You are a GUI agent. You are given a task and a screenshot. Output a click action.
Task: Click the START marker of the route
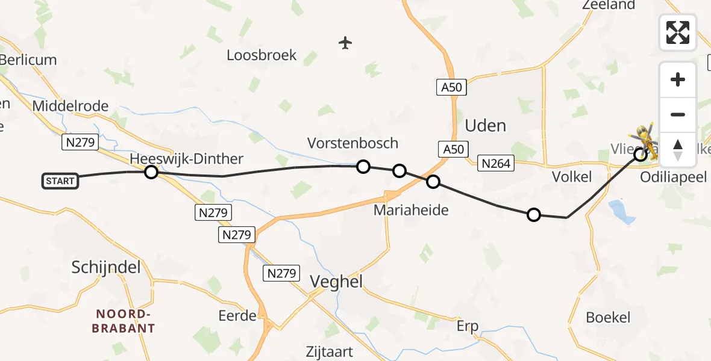(x=60, y=180)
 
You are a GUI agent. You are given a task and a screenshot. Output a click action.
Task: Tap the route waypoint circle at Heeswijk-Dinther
(x=151, y=172)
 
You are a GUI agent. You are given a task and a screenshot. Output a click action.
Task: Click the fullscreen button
(x=678, y=32)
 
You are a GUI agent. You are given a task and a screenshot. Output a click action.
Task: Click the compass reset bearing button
(x=678, y=149)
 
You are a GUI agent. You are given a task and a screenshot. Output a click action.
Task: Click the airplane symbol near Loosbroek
(x=345, y=43)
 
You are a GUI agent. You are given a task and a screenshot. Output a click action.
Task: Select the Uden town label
(x=485, y=126)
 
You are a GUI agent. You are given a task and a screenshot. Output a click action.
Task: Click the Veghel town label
(x=336, y=281)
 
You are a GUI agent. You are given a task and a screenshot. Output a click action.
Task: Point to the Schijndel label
(x=105, y=268)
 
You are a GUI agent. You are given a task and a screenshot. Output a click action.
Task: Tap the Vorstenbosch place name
(x=352, y=143)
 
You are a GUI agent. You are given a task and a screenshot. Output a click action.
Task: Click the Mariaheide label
(x=411, y=210)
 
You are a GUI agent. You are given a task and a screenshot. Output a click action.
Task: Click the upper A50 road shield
(x=451, y=87)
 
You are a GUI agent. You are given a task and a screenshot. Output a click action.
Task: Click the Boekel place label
(x=609, y=318)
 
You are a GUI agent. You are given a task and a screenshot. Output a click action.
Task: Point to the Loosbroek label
(x=262, y=55)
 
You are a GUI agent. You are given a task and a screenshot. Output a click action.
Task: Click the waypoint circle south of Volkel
(x=534, y=215)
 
